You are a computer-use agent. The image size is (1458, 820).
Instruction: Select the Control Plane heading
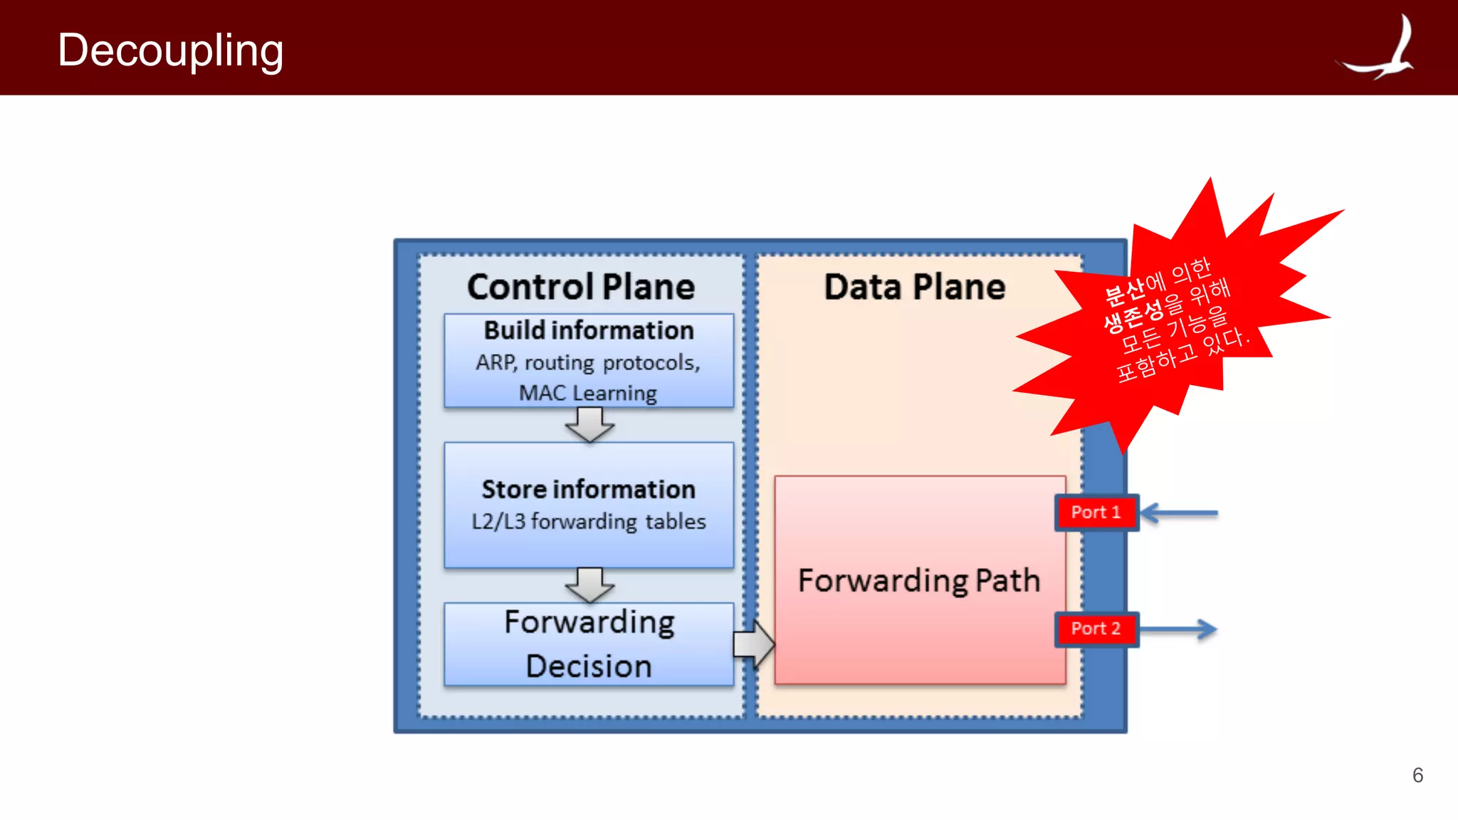point(581,287)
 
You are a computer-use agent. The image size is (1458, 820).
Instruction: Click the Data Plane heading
point(914,287)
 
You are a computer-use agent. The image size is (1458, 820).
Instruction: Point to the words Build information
point(589,330)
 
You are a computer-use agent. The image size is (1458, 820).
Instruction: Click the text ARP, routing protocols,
point(588,363)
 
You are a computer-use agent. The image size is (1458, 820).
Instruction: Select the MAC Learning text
point(588,393)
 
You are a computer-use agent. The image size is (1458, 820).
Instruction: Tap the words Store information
point(589,490)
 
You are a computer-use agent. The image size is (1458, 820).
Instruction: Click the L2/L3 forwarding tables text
point(589,522)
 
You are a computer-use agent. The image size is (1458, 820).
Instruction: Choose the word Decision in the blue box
point(589,666)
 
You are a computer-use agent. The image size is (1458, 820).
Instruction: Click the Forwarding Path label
point(919,580)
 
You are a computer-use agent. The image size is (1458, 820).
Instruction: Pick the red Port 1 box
point(1096,512)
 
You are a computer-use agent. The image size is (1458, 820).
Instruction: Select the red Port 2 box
point(1096,629)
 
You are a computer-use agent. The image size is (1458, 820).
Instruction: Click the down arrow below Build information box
point(589,425)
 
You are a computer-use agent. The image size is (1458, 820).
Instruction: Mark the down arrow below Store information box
point(589,584)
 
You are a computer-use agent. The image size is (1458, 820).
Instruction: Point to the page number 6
point(1417,775)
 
